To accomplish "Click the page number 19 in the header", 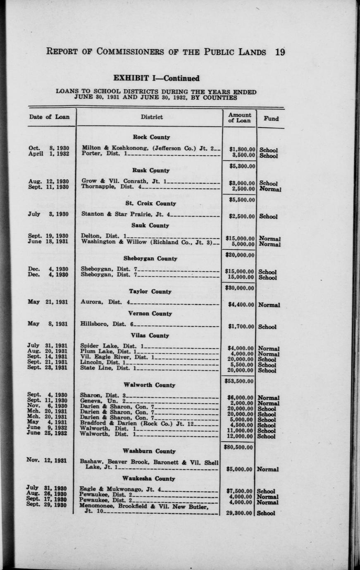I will click(279, 52).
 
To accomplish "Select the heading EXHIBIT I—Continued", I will click(156, 78).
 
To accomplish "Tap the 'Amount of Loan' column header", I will click(240, 118).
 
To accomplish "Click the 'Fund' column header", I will click(271, 118).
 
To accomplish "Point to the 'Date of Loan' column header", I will click(50, 117).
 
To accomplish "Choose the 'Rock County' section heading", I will click(151, 137).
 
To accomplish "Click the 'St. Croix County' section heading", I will click(151, 203).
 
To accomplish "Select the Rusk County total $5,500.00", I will click(242, 200).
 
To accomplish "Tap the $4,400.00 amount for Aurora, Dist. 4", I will click(242, 305).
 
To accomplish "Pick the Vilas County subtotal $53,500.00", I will click(239, 381).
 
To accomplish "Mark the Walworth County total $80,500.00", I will click(239, 447).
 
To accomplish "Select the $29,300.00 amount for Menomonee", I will click(240, 513).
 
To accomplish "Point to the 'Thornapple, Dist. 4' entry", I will click(111, 186).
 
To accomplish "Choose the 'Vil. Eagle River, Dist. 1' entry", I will click(117, 357).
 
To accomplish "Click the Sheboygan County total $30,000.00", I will click(240, 288).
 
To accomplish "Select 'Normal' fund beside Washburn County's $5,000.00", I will click(268, 470).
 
